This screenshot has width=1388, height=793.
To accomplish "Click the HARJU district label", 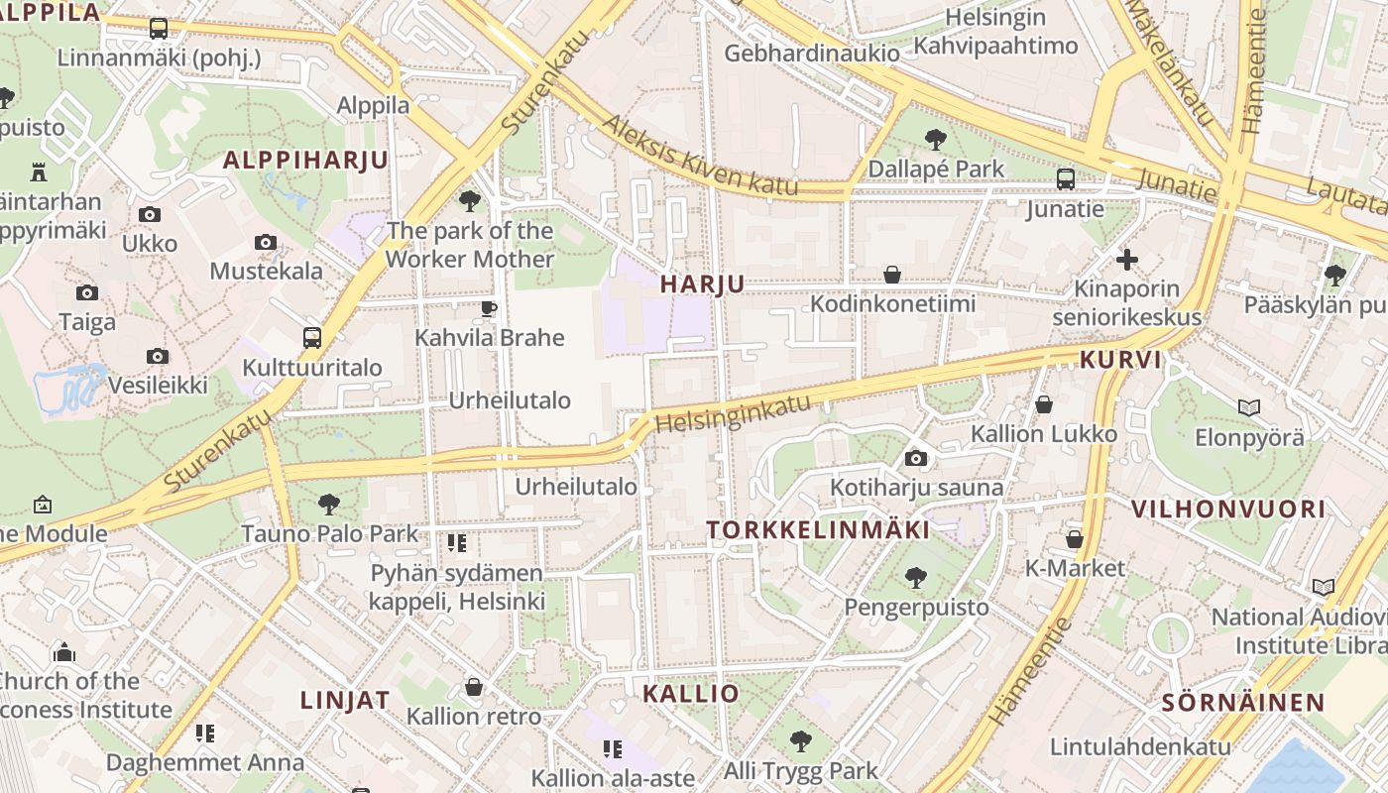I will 702,283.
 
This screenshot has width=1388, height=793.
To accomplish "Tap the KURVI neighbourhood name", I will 1120,359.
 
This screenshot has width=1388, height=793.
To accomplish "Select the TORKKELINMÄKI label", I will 818,529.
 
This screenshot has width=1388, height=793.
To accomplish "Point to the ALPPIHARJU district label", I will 305,160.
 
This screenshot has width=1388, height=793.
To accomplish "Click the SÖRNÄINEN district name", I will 1242,703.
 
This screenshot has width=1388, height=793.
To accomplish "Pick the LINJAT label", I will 345,699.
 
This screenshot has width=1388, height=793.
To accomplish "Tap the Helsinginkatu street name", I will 733,413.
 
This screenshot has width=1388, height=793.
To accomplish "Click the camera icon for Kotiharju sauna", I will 916,458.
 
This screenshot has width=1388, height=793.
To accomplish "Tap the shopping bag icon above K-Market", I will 1075,539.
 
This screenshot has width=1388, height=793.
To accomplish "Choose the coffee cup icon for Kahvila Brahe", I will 488,308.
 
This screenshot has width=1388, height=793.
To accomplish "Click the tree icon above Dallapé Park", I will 935,140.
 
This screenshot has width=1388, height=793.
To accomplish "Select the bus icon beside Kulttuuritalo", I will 311,338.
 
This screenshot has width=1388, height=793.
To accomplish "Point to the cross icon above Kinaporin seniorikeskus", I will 1126,260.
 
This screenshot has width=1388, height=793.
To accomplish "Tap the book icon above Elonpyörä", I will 1248,406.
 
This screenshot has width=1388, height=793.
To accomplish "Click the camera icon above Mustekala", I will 265,242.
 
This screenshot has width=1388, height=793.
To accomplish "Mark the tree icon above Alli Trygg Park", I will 800,740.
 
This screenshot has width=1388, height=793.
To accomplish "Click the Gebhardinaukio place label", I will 812,53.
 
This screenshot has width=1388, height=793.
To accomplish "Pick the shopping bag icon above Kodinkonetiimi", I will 892,275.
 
